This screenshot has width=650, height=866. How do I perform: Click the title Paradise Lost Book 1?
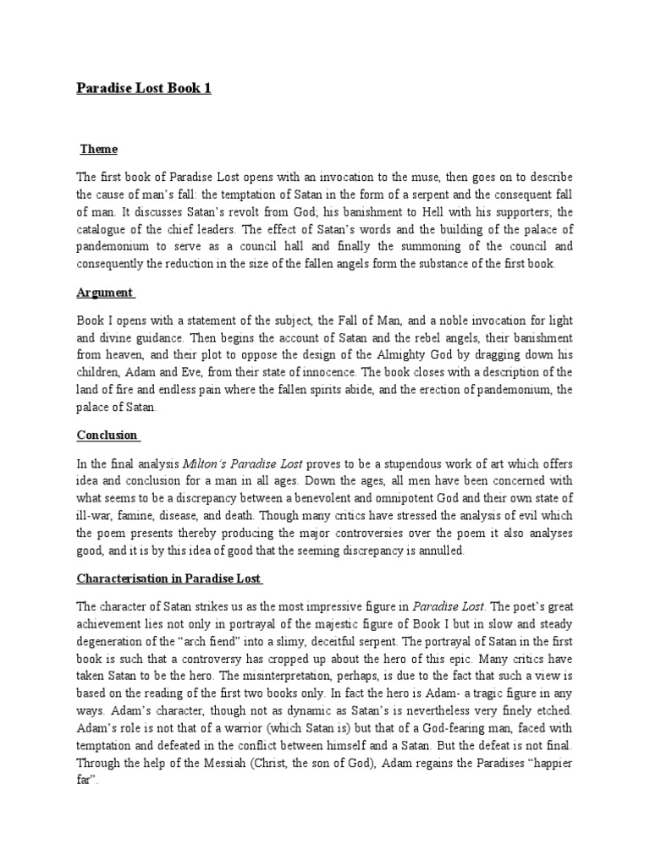(x=144, y=88)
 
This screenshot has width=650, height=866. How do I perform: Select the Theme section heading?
(x=99, y=150)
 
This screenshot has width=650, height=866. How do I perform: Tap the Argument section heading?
(x=104, y=293)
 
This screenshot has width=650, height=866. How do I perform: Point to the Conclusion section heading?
(x=107, y=435)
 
